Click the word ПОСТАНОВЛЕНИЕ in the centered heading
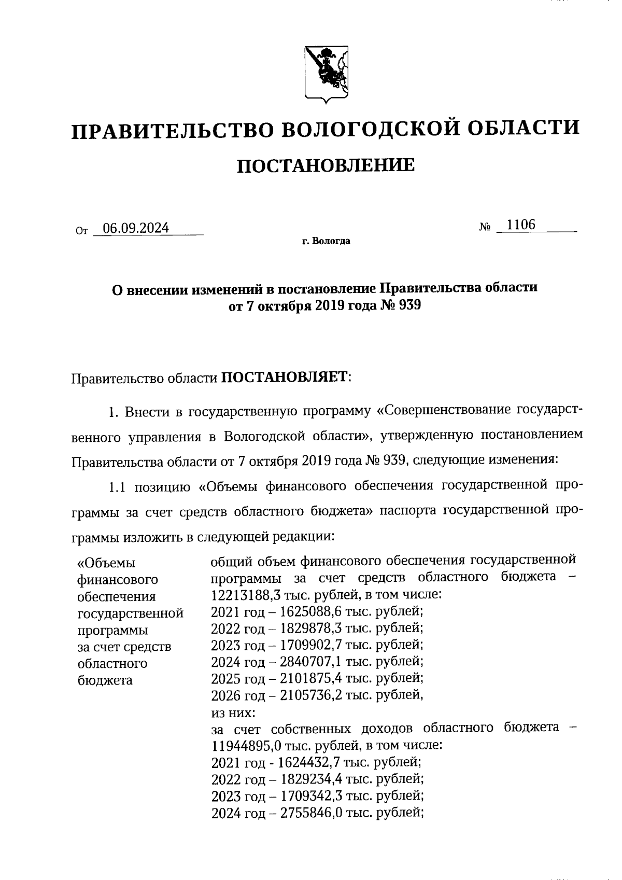[x=326, y=165]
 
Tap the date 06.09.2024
[x=136, y=228]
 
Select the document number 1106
[x=521, y=225]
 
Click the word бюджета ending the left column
[x=105, y=680]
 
